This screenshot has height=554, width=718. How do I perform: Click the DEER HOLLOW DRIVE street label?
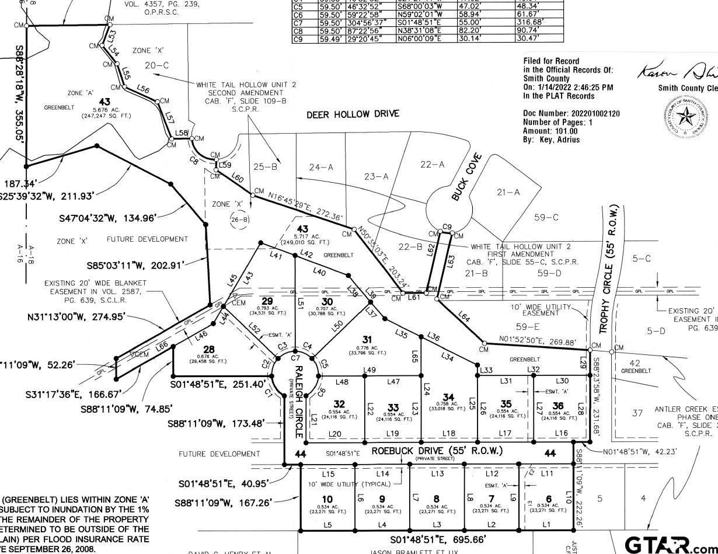tap(353, 114)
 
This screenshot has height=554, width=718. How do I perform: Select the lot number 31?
tap(367, 339)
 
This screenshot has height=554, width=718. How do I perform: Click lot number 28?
tap(209, 349)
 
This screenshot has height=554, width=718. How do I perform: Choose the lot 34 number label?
tap(448, 397)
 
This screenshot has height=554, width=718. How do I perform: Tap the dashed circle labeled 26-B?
tap(239, 219)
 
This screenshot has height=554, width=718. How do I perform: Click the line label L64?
tap(465, 318)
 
